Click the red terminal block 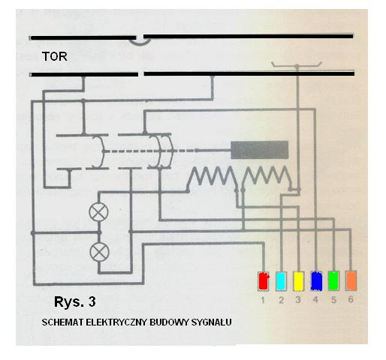click(x=264, y=281)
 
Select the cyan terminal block click(x=281, y=281)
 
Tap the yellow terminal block click(x=298, y=281)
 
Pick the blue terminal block click(x=316, y=281)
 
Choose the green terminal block click(x=333, y=280)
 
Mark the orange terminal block click(x=351, y=280)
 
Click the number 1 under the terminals click(x=263, y=300)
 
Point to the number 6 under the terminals click(x=351, y=299)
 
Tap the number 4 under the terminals click(x=315, y=299)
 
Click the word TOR click(x=55, y=56)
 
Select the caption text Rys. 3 click(x=75, y=301)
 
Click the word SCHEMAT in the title click(x=62, y=322)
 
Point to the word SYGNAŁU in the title click(x=212, y=322)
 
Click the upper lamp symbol click(x=98, y=212)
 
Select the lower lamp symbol click(x=99, y=252)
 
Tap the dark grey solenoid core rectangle click(x=260, y=150)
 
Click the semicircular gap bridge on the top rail click(x=140, y=43)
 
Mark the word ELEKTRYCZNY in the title click(x=117, y=322)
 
